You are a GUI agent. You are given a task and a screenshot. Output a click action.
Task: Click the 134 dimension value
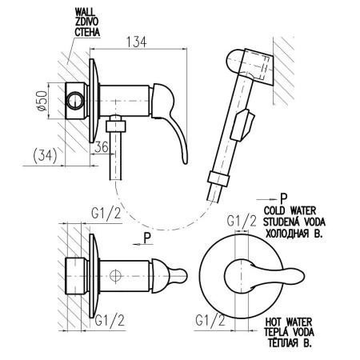click(x=136, y=42)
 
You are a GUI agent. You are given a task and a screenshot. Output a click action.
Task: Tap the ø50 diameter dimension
click(x=42, y=101)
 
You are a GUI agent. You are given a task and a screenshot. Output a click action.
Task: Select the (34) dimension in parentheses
click(x=46, y=155)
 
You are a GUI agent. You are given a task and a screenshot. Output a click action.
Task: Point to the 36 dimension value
click(x=102, y=146)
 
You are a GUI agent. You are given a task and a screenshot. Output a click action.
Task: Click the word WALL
click(x=85, y=12)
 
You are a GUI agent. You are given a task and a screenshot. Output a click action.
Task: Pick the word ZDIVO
click(x=86, y=22)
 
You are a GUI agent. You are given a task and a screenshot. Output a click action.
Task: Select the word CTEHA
click(x=87, y=32)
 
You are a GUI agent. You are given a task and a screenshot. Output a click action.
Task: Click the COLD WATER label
click(x=290, y=210)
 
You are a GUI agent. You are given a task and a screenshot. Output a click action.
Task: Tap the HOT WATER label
click(x=289, y=322)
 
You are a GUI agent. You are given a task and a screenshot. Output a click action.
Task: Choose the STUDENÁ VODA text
click(x=294, y=222)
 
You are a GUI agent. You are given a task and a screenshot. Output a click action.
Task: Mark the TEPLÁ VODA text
click(x=289, y=332)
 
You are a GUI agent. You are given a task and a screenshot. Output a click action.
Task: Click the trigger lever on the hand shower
click(x=242, y=125)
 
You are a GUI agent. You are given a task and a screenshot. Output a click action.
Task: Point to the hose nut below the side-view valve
click(x=115, y=126)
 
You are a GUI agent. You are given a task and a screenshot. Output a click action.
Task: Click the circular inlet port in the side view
click(x=75, y=101)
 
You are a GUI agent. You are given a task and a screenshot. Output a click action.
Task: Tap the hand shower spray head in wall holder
click(x=250, y=66)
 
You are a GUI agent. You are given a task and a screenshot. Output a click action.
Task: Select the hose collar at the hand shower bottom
click(x=218, y=178)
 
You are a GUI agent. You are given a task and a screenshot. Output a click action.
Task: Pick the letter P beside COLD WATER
click(x=284, y=198)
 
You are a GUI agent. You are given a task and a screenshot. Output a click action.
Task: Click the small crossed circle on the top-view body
click(x=116, y=275)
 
